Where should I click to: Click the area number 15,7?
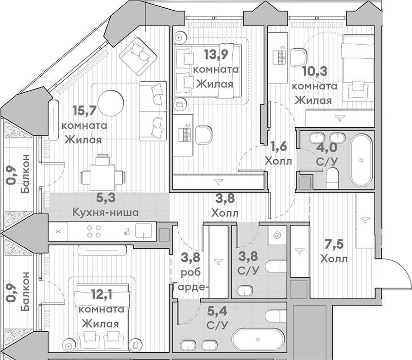pos(84,111)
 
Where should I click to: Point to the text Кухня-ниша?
pos(105,212)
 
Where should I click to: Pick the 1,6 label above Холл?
pos(278,146)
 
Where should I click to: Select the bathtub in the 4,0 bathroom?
pos(360,158)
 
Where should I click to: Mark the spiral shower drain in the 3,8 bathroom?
pos(278,235)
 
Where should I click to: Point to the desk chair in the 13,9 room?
pos(204,135)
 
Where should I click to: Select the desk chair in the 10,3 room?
pos(298,57)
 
